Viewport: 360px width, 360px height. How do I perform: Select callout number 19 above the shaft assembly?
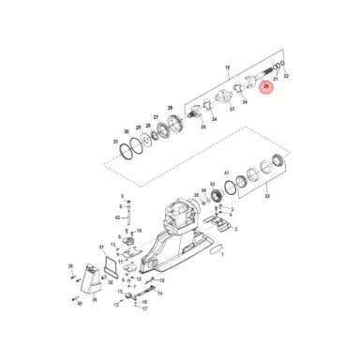pos(227,67)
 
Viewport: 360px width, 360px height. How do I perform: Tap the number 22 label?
pos(285,100)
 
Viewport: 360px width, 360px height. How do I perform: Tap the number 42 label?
pos(116,217)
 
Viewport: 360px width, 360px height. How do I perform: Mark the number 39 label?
pos(69,267)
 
